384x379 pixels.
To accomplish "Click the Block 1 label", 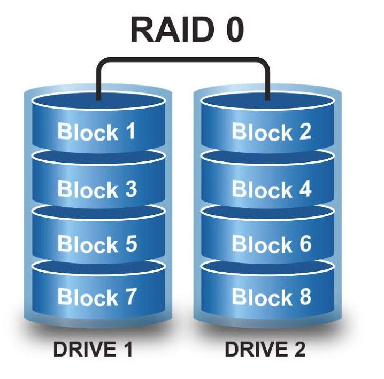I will click(x=96, y=132).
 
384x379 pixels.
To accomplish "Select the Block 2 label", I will click(x=271, y=132).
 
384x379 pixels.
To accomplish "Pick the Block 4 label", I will click(x=271, y=189).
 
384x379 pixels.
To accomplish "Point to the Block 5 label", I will click(x=97, y=244).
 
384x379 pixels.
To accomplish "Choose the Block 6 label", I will click(x=271, y=244).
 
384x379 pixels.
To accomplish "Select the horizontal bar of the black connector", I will click(x=182, y=60).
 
